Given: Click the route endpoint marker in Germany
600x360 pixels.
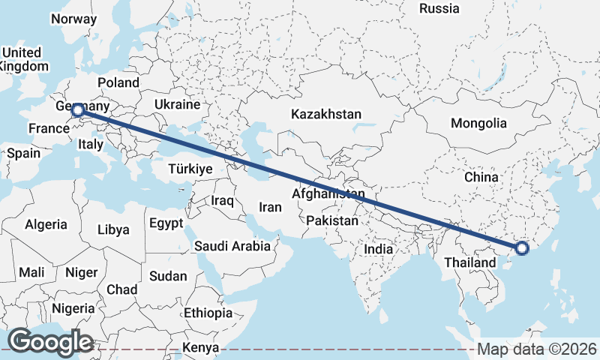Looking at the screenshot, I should [x=77, y=110].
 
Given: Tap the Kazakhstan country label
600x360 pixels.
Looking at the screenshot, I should [x=326, y=115].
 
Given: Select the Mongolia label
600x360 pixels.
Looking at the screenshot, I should [x=478, y=123].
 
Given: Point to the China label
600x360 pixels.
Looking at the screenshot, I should [x=481, y=177].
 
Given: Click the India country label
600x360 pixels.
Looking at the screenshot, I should [x=379, y=248].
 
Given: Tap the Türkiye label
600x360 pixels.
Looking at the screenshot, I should [x=190, y=169].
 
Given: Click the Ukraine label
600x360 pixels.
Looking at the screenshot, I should [x=177, y=103].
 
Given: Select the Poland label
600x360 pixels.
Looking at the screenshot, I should [x=118, y=82].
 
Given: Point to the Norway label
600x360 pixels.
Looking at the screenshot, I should [x=75, y=19].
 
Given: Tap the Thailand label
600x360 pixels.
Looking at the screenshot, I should [x=469, y=262].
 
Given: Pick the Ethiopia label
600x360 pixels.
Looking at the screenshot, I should [x=208, y=313].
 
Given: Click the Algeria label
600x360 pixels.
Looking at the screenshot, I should [x=46, y=224].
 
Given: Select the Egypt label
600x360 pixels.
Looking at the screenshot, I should [x=166, y=223].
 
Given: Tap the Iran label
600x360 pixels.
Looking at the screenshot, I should [x=270, y=208].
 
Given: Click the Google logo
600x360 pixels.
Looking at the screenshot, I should [x=49, y=342].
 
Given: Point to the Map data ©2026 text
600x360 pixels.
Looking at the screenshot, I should [x=536, y=349].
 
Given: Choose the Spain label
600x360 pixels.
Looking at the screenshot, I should [x=23, y=153].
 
